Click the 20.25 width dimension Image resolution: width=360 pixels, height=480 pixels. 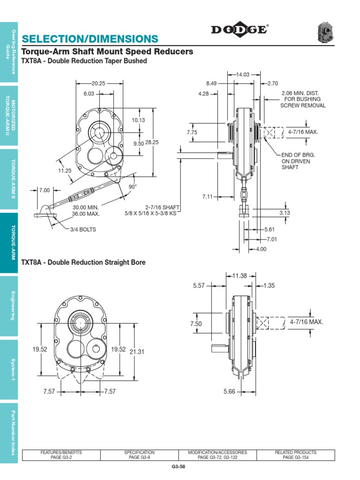pyautogui.click(x=98, y=83)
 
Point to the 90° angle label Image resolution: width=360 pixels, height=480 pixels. pyautogui.click(x=133, y=186)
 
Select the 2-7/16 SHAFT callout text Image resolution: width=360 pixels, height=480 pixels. pyautogui.click(x=163, y=207)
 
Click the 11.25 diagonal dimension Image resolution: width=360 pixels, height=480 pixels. pyautogui.click(x=65, y=171)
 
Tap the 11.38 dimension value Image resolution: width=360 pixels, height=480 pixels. pyautogui.click(x=240, y=276)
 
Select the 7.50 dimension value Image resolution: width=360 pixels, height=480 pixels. pyautogui.click(x=195, y=324)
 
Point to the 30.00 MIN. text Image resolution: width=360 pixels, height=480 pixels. pyautogui.click(x=86, y=207)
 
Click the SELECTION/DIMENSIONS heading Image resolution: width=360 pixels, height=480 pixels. pyautogui.click(x=90, y=38)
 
